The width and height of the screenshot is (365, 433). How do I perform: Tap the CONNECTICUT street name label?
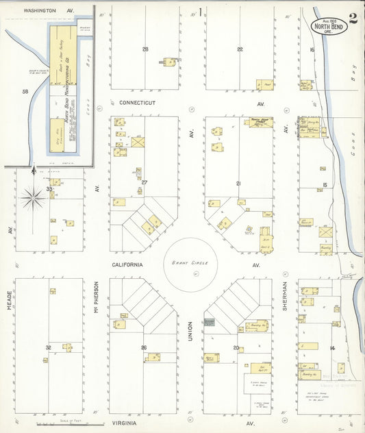(138, 103)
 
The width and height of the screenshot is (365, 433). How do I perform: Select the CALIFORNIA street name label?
(128, 264)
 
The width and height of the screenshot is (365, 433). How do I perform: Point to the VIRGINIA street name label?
(127, 424)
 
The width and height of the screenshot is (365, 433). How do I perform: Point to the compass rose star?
(32, 199)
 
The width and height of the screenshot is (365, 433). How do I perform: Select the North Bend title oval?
(327, 26)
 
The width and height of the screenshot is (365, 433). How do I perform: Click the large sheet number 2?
(352, 18)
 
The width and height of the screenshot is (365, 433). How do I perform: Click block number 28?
(145, 49)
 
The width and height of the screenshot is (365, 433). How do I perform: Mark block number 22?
(240, 49)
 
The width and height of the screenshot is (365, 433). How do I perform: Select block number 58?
(25, 91)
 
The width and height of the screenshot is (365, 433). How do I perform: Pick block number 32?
(48, 348)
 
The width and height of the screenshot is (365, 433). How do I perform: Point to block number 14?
(332, 348)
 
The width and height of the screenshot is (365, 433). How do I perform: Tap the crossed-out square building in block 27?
(138, 143)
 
